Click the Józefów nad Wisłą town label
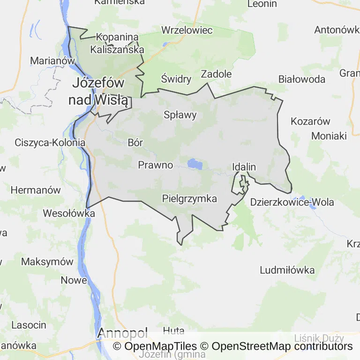pos(98,91)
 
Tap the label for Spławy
pos(180,115)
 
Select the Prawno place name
pos(156,165)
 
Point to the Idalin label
pos(244,167)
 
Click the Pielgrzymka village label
pos(189,199)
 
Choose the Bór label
pos(135,143)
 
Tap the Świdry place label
pos(176,79)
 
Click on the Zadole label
pos(216,74)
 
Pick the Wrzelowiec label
pos(187,30)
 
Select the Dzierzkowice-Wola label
pos(292,202)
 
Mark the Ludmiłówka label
pos(287,270)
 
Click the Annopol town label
pos(122,333)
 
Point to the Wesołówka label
pos(69,213)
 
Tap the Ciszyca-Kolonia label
pos(50,142)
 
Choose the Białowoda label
pos(301,79)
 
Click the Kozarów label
pos(310,121)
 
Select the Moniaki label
pos(329,136)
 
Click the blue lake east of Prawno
pos(195,164)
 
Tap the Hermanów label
pos(36,190)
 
